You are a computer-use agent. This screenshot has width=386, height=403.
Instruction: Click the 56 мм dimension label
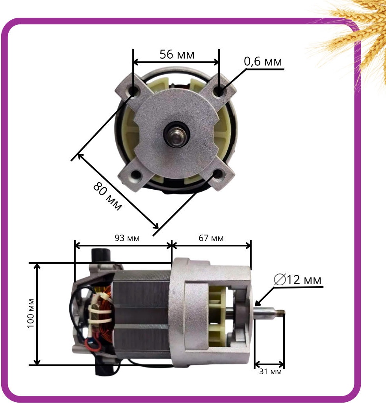point(177,54)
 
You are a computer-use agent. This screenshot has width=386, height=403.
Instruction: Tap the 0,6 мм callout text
point(263,61)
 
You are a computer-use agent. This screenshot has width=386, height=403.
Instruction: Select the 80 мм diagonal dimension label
point(107,196)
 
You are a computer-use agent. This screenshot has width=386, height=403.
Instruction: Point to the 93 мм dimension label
point(127,238)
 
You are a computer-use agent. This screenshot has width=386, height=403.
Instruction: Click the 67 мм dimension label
point(211,238)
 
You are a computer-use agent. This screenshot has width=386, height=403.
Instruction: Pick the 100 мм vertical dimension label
point(31,313)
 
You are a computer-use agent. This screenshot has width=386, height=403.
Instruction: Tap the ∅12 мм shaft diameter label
point(297,280)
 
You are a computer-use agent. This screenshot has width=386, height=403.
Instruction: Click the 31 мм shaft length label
point(270,372)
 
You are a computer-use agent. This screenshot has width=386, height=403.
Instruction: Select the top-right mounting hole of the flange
point(219,91)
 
